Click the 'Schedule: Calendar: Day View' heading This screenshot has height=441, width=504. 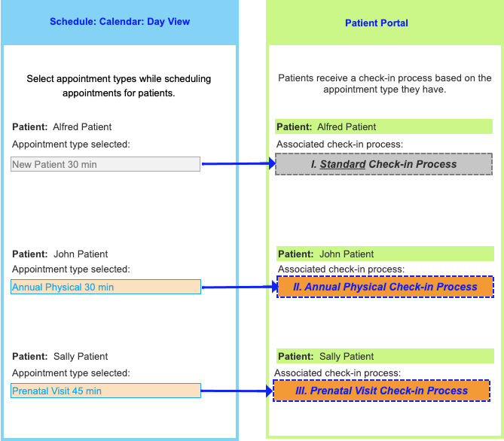coord(120,22)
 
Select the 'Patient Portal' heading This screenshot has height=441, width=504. coord(376,23)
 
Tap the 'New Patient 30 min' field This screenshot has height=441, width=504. coord(105,164)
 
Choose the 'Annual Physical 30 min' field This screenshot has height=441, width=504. coord(105,287)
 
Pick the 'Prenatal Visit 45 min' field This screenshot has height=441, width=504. coord(105,391)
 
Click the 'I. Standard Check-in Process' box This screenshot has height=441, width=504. coord(383,164)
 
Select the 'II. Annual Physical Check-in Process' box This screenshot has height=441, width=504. coord(385,287)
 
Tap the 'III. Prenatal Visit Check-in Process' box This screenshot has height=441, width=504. coord(381,391)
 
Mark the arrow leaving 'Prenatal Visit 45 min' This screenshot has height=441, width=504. coord(235,391)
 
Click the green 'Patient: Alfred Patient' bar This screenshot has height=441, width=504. coord(383,126)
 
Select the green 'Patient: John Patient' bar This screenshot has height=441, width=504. coord(385,254)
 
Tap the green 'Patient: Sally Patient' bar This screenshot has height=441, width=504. coord(385,356)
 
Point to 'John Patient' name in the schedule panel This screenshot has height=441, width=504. coord(81,254)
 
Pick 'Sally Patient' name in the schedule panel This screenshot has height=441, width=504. coord(81,356)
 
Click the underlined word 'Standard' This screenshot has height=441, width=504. coord(343,164)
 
